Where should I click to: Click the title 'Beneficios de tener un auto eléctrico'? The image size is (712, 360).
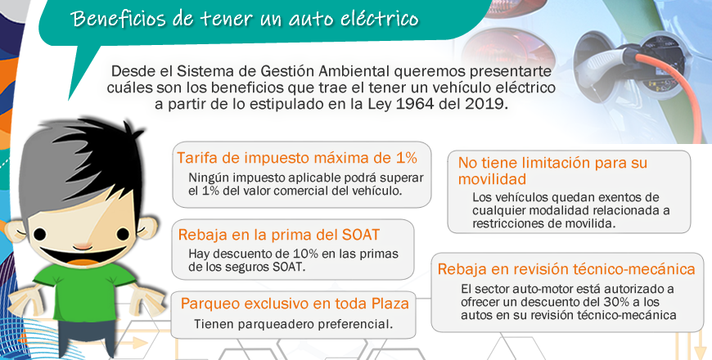pyautogui.click(x=246, y=19)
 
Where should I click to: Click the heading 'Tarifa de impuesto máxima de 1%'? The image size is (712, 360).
pyautogui.click(x=297, y=158)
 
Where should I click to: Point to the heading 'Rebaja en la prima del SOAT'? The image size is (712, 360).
pyautogui.click(x=279, y=235)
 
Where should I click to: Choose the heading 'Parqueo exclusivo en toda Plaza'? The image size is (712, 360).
pyautogui.click(x=295, y=304)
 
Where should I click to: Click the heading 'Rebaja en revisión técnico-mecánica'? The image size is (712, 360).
pyautogui.click(x=566, y=269)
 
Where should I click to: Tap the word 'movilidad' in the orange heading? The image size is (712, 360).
pyautogui.click(x=492, y=179)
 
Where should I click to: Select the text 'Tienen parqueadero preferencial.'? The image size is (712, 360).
pyautogui.click(x=293, y=324)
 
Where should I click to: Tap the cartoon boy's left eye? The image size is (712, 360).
pyautogui.click(x=39, y=234)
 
